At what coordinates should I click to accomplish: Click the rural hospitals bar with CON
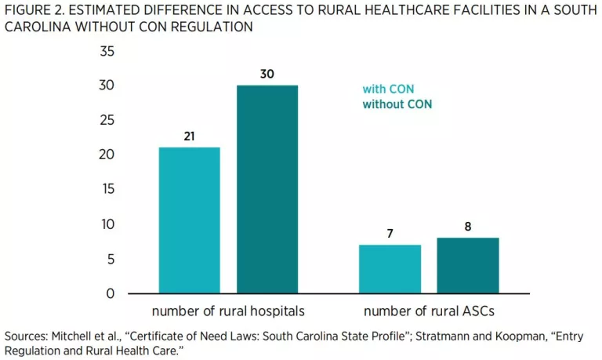[x=189, y=220]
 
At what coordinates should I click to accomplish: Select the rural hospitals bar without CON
[x=267, y=189]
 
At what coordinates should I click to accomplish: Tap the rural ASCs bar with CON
[x=390, y=269]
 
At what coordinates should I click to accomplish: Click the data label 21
[x=189, y=136]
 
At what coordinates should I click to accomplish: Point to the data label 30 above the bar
[x=267, y=75]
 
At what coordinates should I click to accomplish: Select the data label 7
[x=390, y=235]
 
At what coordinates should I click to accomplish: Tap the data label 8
[x=467, y=227]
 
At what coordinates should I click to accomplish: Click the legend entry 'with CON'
[x=387, y=89]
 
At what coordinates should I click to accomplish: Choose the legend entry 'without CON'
[x=397, y=104]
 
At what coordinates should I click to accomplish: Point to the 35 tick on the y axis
[x=107, y=52]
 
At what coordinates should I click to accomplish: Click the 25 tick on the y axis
[x=107, y=120]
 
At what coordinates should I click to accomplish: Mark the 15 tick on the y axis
[x=107, y=189]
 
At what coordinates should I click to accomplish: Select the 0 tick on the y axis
[x=111, y=293]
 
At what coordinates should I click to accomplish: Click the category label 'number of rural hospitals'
[x=228, y=310]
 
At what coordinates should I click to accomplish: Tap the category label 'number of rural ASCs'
[x=429, y=310]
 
